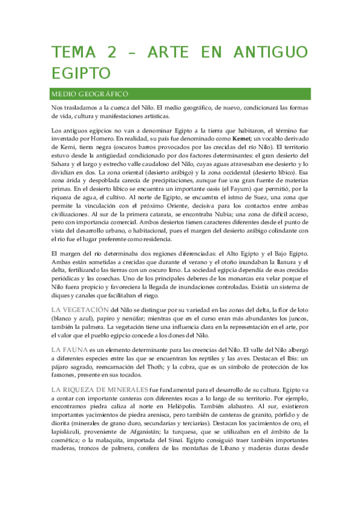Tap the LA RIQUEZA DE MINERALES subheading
point(100,390)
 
